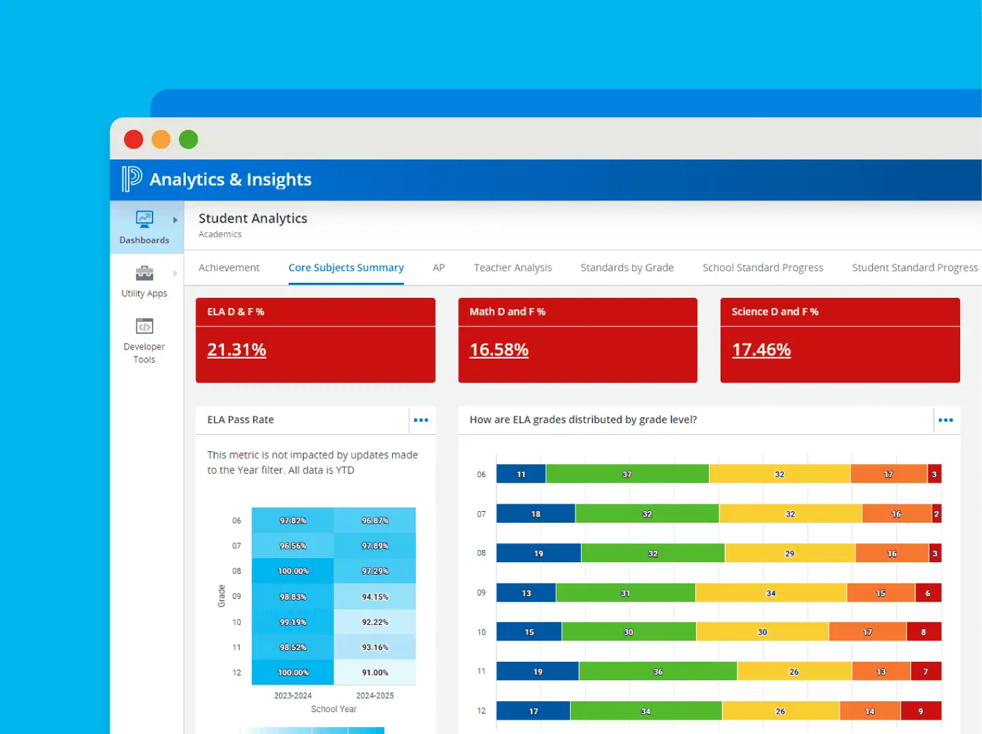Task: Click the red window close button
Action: [x=133, y=140]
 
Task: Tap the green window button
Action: [x=189, y=140]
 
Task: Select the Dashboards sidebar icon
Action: [x=144, y=219]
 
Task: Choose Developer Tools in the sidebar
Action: [x=144, y=340]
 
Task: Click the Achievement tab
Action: [x=229, y=268]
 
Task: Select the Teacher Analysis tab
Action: [x=513, y=268]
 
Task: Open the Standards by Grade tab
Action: [x=627, y=268]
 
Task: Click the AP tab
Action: [x=439, y=268]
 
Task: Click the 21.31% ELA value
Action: [x=236, y=350]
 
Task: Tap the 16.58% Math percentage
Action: [x=498, y=350]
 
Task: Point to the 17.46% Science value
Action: [x=761, y=350]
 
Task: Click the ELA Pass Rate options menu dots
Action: [x=421, y=420]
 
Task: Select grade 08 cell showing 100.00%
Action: [x=293, y=571]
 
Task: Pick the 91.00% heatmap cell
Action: [x=375, y=673]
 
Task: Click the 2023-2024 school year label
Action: [x=293, y=695]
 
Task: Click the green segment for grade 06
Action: [x=627, y=474]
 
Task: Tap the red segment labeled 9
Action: [x=921, y=711]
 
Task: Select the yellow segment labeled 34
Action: [x=770, y=593]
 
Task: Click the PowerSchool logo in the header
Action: [x=131, y=179]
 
